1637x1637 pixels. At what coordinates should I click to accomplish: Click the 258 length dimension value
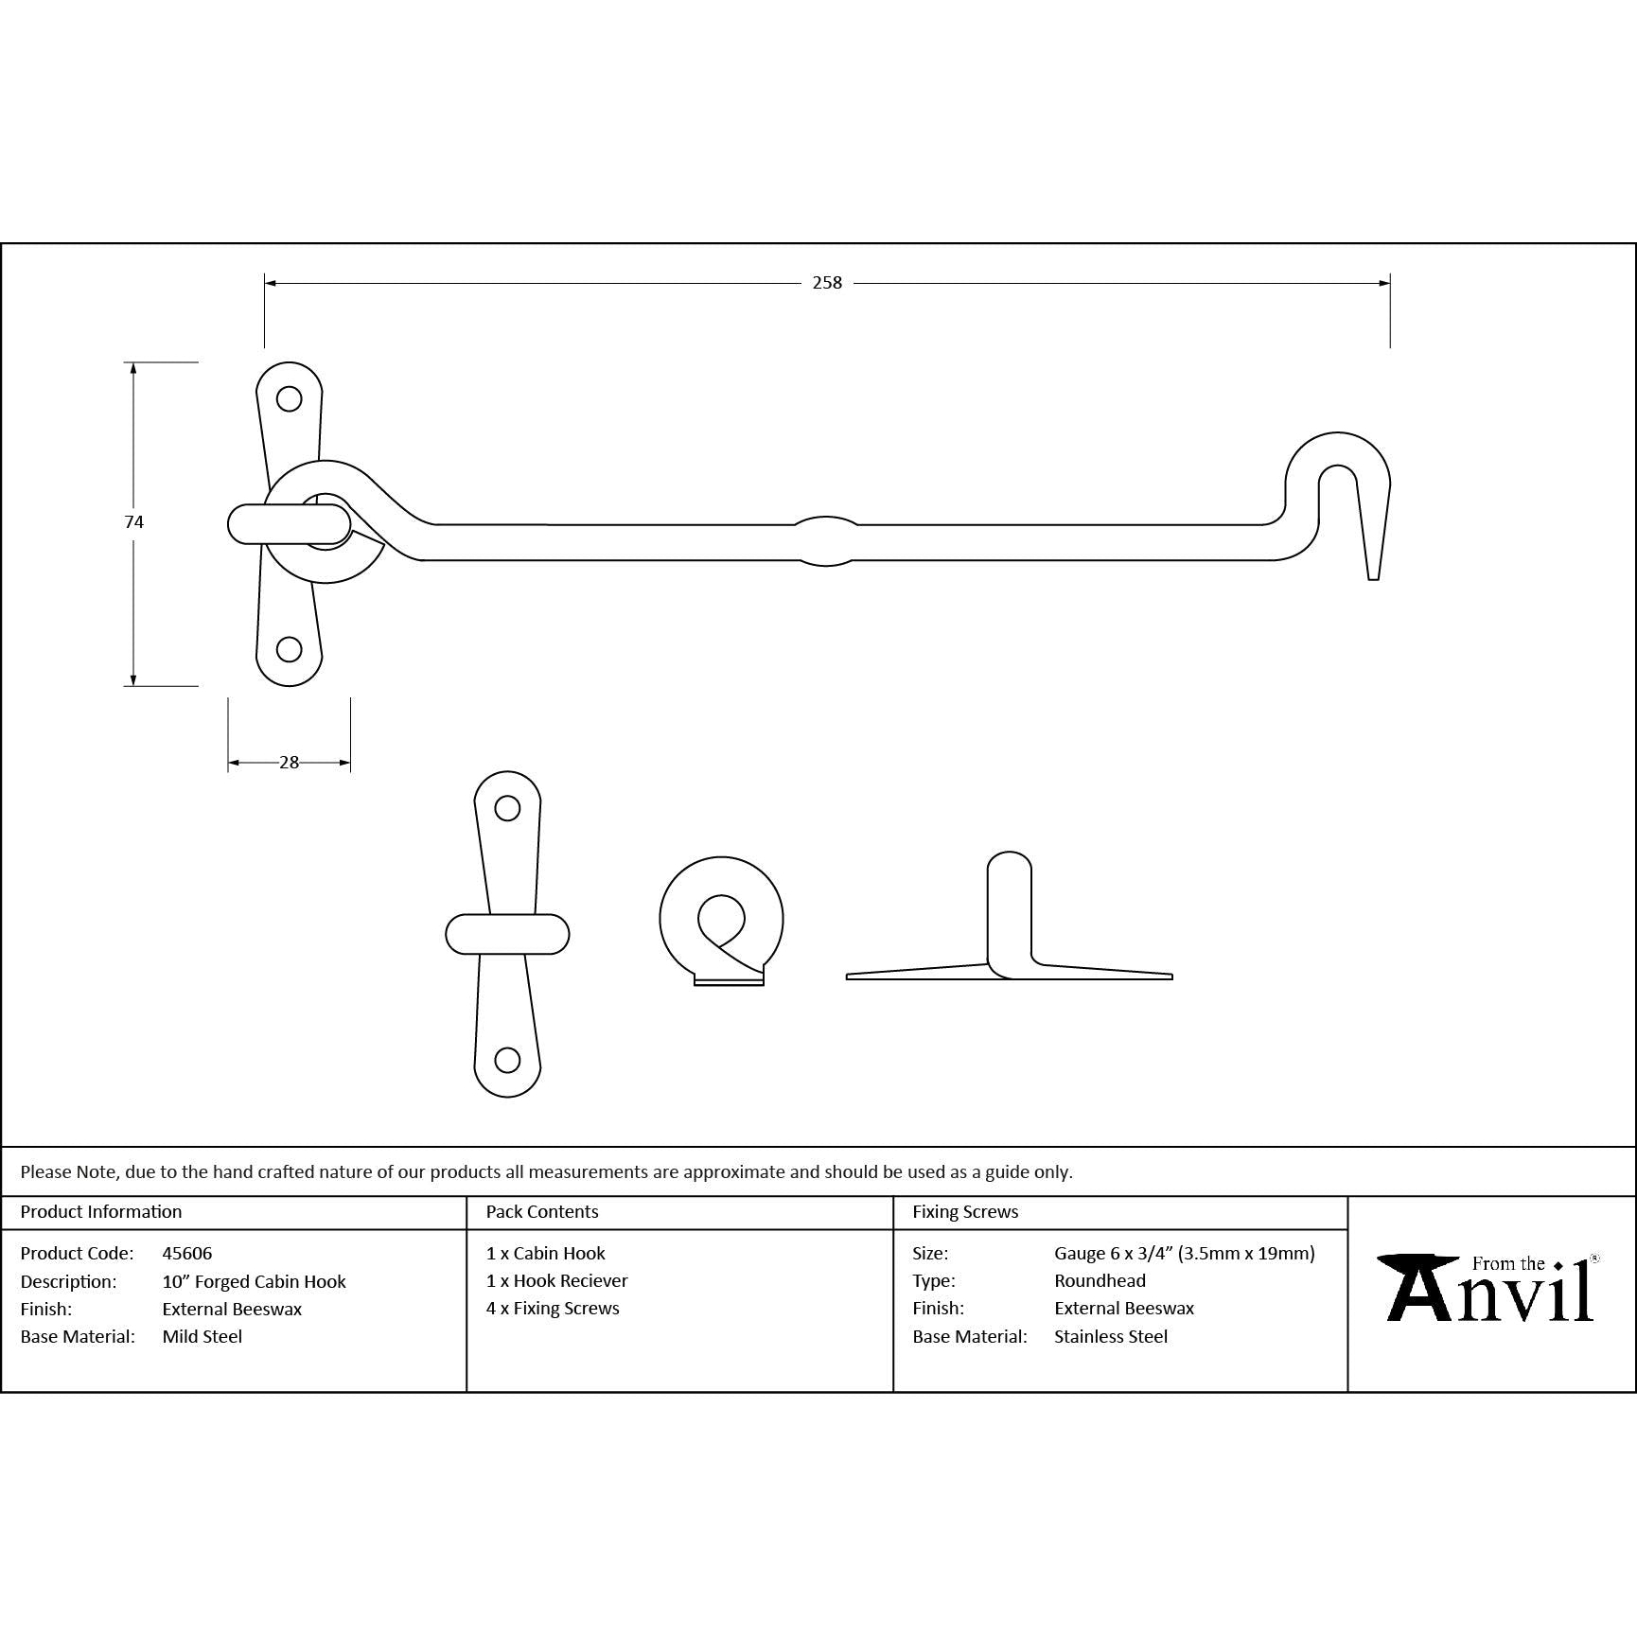click(827, 282)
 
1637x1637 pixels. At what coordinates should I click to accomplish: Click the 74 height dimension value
click(133, 521)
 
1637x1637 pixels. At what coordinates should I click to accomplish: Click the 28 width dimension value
click(290, 762)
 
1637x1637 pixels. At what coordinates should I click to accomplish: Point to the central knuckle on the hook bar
click(826, 540)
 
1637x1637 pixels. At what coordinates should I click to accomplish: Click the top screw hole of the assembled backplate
click(289, 398)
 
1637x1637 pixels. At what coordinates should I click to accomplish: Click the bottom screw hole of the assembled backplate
click(289, 649)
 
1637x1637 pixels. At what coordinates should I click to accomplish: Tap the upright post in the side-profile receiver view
click(1010, 913)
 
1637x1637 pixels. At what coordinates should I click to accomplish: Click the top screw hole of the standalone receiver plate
click(507, 808)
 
